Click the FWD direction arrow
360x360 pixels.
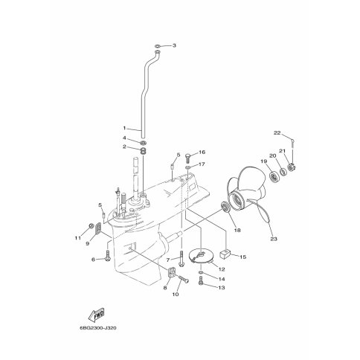[97, 315]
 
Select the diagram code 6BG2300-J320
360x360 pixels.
[98, 328]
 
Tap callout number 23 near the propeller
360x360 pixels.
[274, 239]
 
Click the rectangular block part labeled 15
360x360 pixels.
[225, 254]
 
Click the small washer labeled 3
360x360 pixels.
[158, 46]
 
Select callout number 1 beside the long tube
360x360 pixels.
[125, 128]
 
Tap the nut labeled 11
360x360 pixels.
[91, 226]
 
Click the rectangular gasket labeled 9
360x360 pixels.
[98, 228]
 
